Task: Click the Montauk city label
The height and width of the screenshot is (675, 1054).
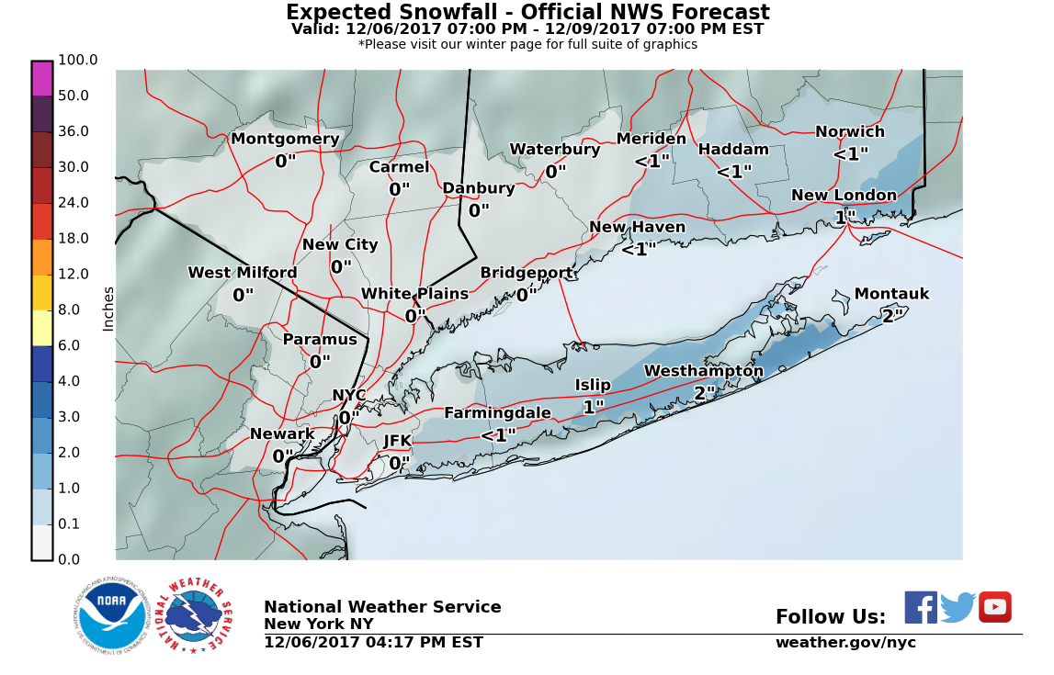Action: (x=891, y=295)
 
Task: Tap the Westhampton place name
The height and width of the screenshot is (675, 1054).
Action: (x=703, y=372)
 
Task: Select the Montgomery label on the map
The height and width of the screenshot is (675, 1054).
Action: (x=285, y=140)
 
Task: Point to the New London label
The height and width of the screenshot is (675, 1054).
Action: (x=844, y=196)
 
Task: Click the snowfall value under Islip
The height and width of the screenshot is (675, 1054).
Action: (x=594, y=407)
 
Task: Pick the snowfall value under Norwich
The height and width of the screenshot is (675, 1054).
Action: (x=850, y=154)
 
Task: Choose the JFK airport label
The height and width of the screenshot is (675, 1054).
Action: (x=398, y=442)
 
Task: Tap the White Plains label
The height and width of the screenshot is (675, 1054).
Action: (x=414, y=295)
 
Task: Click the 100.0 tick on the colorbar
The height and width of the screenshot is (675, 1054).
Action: (x=78, y=61)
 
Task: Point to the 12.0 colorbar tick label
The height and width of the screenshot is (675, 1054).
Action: (x=74, y=275)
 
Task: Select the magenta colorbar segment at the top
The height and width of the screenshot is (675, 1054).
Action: (x=42, y=79)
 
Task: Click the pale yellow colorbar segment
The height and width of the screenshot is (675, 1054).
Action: (x=42, y=328)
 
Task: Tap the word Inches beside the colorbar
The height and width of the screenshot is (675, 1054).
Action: (x=108, y=309)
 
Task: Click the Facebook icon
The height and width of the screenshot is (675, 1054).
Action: (x=921, y=608)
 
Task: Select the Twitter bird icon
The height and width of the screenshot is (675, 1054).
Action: (x=958, y=608)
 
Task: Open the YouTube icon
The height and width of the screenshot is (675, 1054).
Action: (x=994, y=607)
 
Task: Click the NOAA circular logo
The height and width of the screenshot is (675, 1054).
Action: (x=112, y=617)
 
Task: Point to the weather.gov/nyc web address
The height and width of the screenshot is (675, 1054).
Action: (x=845, y=643)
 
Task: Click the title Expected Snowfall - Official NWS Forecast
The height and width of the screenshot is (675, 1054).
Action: (x=527, y=13)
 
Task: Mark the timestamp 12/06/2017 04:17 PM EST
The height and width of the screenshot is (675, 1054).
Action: (x=373, y=643)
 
